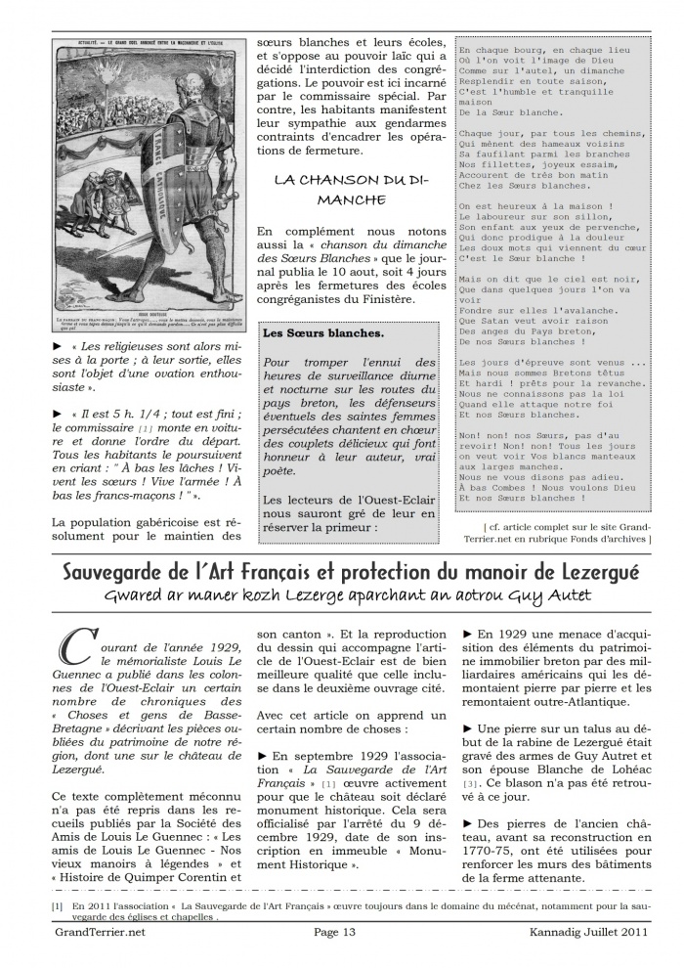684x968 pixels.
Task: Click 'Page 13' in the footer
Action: click(340, 932)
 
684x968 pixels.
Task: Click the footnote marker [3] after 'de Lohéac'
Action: click(470, 784)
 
